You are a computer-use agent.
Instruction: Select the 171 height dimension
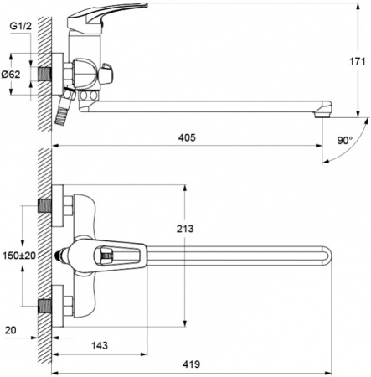(x=356, y=60)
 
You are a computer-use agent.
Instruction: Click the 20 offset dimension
(x=10, y=330)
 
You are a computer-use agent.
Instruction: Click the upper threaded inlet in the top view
(x=44, y=205)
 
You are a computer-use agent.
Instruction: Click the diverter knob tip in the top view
(x=58, y=254)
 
